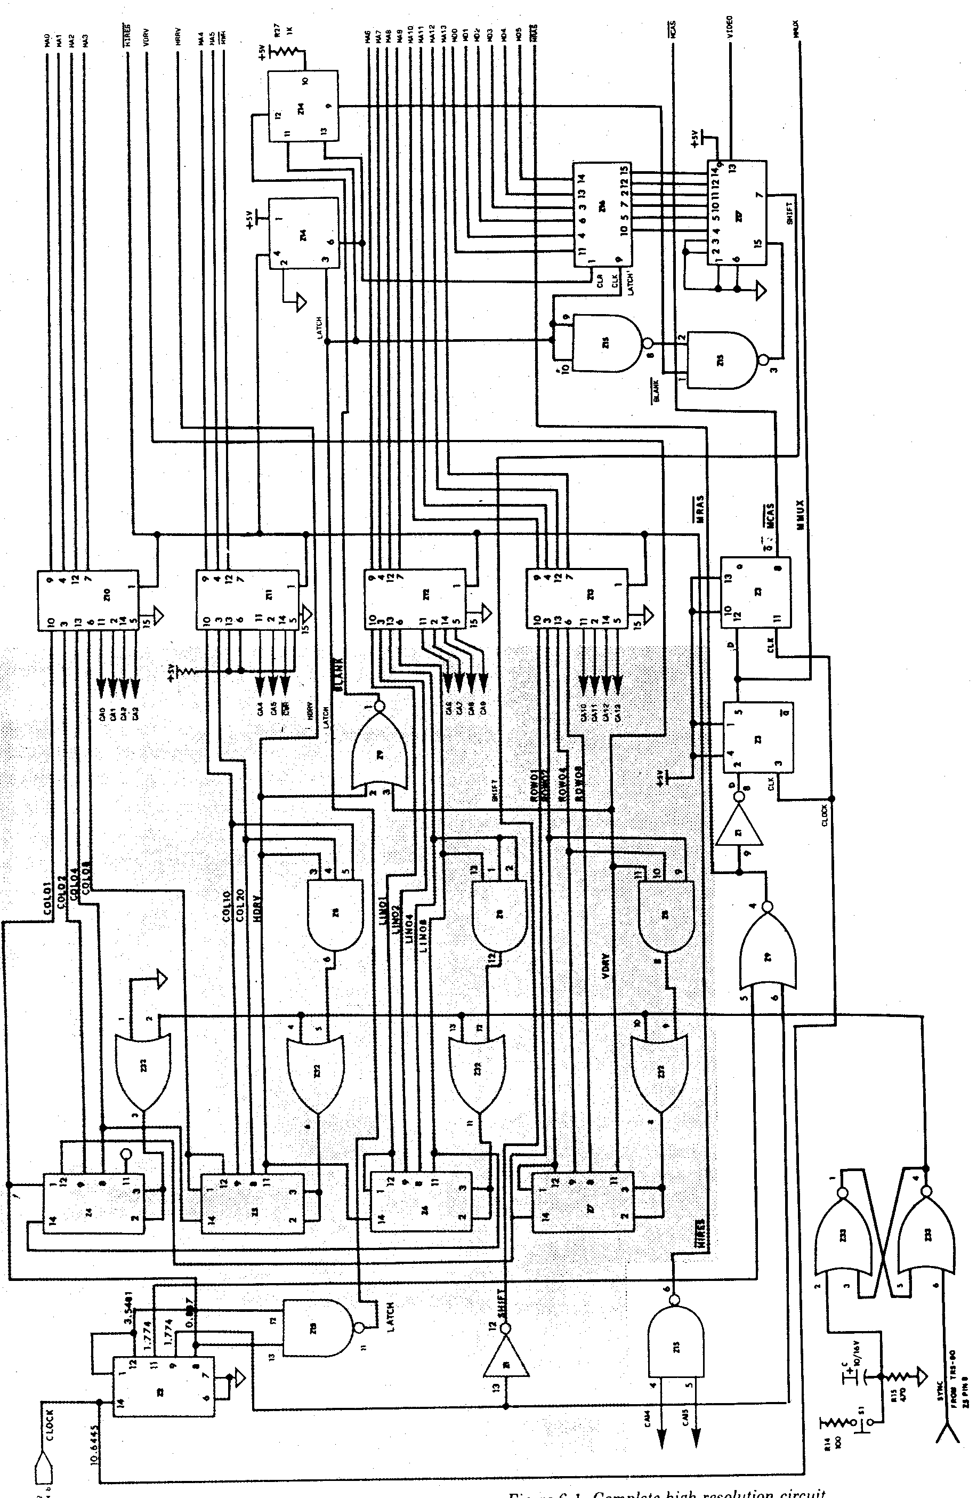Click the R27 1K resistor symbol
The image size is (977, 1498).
tap(286, 53)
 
